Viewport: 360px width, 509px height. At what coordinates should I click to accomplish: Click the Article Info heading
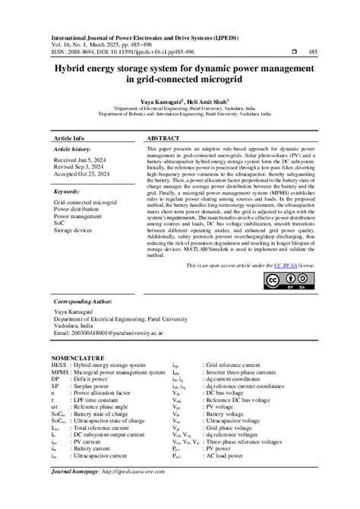(x=69, y=139)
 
